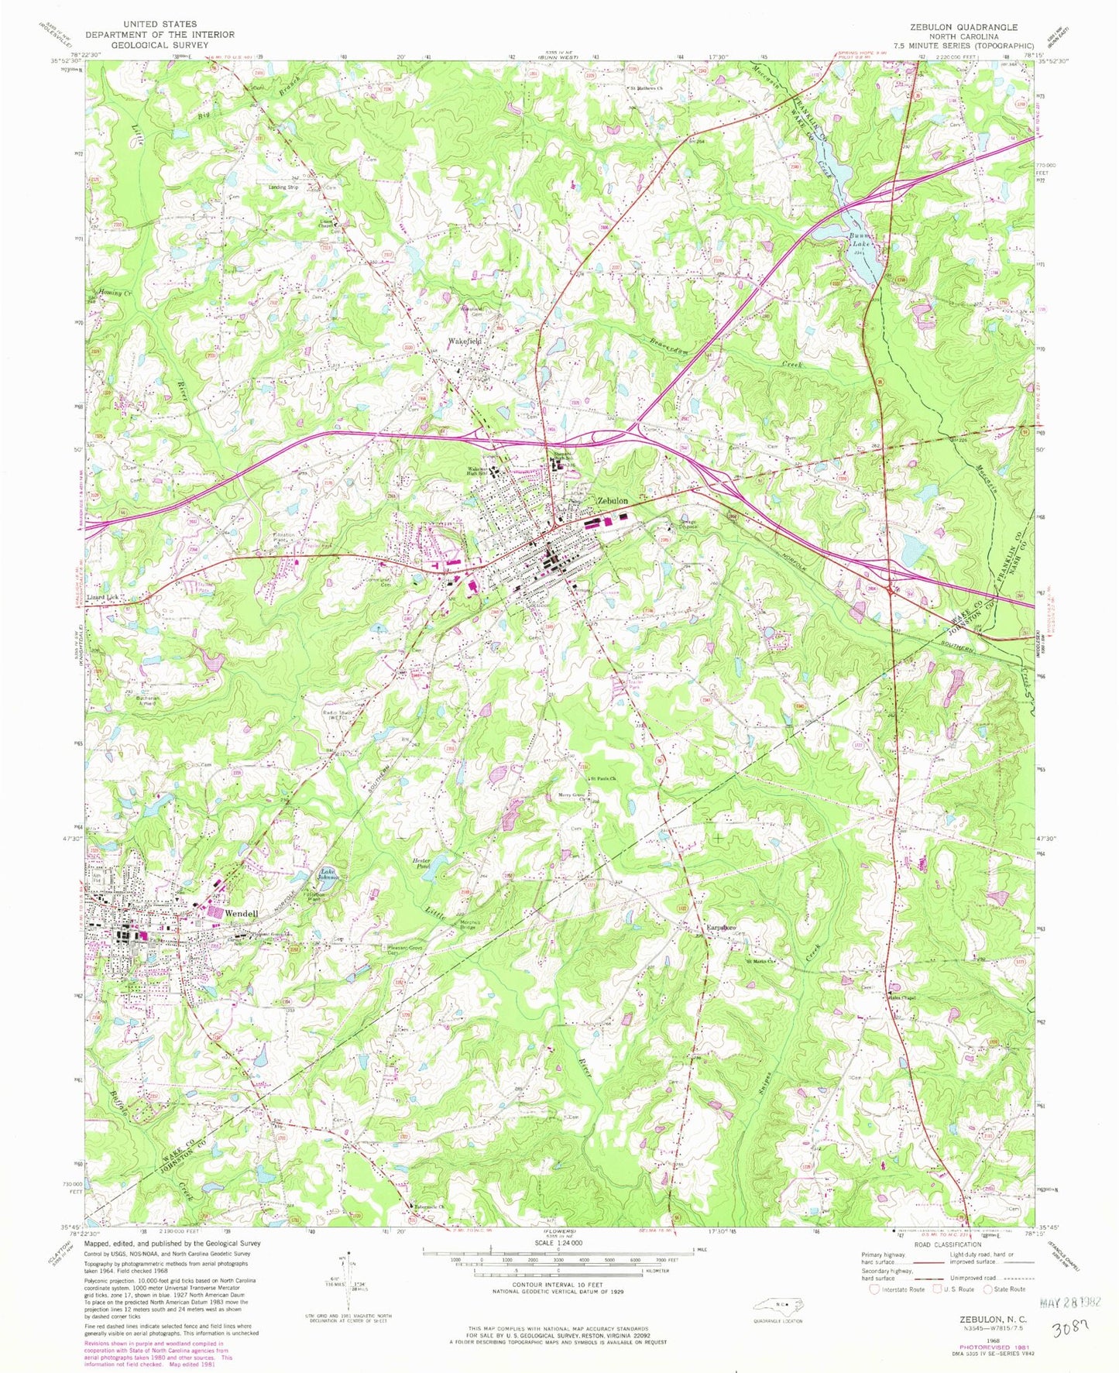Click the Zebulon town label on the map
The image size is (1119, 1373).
612,501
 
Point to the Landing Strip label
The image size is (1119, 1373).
283,187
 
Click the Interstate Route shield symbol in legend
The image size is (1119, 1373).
875,1289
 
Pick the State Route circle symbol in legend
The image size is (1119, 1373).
988,1289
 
